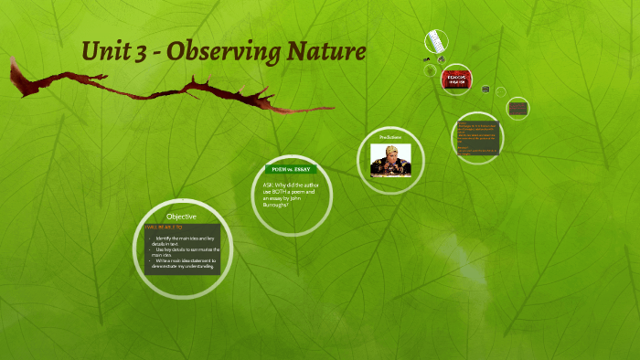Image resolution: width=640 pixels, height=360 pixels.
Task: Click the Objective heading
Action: (181, 216)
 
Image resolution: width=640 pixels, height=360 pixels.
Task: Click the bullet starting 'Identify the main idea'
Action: (187, 240)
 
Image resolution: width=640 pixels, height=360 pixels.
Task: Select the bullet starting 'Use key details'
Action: (187, 251)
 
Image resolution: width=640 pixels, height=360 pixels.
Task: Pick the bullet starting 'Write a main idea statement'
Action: (187, 264)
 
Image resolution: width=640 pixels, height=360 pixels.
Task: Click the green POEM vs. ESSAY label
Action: (292, 169)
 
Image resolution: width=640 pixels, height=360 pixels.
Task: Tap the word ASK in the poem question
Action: (268, 185)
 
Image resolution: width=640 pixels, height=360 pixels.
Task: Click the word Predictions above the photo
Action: (390, 137)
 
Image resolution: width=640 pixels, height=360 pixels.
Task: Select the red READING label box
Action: (455, 79)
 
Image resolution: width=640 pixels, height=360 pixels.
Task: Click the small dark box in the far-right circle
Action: (518, 108)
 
